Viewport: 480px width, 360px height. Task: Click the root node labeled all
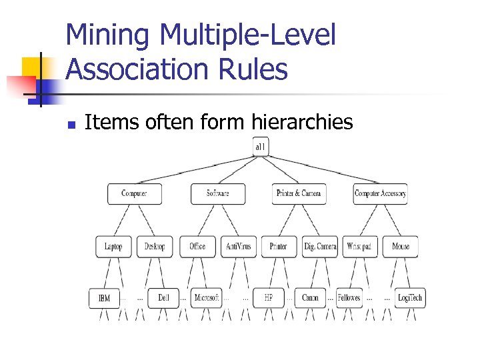260,147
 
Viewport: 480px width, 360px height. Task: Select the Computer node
134,194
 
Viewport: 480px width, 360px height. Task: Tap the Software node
217,194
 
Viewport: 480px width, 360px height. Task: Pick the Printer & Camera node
299,194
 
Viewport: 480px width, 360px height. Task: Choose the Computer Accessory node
380,194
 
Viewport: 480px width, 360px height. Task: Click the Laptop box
113,246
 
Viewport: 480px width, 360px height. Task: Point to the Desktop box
155,246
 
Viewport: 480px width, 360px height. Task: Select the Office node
197,246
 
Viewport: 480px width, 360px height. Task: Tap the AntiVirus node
238,246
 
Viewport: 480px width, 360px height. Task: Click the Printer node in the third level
279,246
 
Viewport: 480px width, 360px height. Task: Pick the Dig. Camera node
320,246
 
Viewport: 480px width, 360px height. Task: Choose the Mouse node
401,246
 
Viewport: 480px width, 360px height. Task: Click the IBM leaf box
104,298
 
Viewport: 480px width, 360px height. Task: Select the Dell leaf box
164,298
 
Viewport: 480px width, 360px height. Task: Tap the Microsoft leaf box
206,298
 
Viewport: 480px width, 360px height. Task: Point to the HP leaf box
268,298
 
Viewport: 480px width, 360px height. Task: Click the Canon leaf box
310,298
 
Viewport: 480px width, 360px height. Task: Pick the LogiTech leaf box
410,298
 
